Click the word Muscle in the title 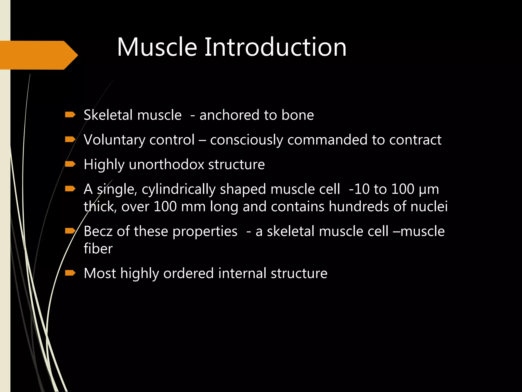point(157,47)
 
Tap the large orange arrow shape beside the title point(38,55)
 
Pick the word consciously point(246,140)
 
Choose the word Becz point(98,231)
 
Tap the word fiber point(98,249)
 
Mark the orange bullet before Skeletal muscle point(70,115)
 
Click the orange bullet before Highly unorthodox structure point(70,164)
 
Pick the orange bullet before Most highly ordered point(70,273)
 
